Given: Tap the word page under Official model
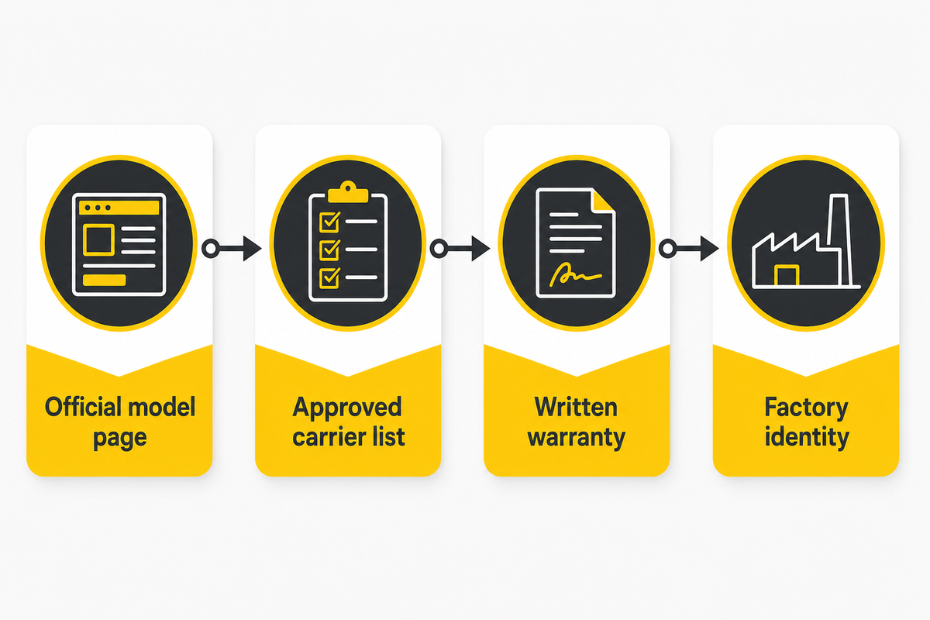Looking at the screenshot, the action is click(120, 439).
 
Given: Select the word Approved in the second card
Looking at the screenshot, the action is click(347, 408).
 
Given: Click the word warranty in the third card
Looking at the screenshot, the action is click(577, 438).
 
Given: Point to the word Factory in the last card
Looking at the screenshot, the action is click(806, 408).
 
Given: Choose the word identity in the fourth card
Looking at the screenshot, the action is click(807, 437).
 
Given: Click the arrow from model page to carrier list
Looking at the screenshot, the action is click(232, 249).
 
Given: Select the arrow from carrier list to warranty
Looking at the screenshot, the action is click(460, 249).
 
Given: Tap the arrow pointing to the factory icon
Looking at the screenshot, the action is click(689, 249).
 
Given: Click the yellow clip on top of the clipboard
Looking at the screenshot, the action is click(348, 192).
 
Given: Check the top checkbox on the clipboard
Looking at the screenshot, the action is click(329, 222).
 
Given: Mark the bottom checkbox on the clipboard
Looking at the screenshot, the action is click(329, 277).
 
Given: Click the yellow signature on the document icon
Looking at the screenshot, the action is click(575, 274).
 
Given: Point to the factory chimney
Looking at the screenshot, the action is click(840, 240).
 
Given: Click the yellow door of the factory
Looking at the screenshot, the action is click(787, 276).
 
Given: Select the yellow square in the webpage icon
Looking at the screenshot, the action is click(99, 239).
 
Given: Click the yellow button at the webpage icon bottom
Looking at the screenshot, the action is click(104, 280).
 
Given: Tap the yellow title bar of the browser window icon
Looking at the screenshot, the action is click(119, 208).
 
